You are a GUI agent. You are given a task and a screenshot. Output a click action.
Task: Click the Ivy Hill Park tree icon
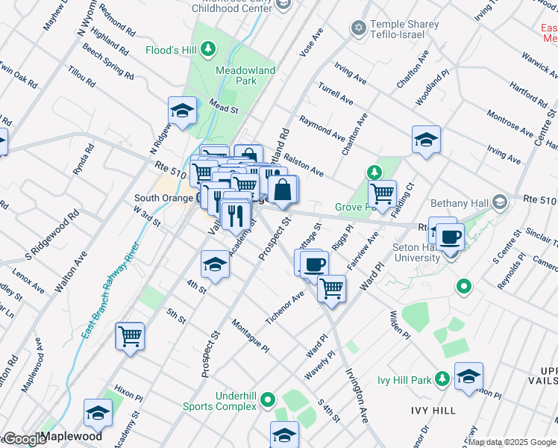pyautogui.click(x=442, y=380)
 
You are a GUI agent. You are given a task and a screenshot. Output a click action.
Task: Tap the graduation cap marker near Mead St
pyautogui.click(x=181, y=111)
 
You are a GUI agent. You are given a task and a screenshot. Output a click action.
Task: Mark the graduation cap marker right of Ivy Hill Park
pyautogui.click(x=468, y=376)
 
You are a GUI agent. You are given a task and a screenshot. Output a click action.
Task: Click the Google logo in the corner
pyautogui.click(x=24, y=439)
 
